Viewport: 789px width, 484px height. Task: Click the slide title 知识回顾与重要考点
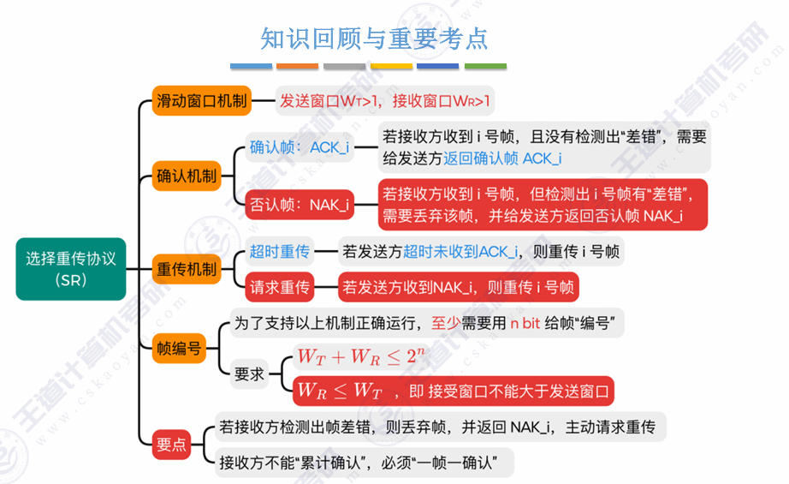374,39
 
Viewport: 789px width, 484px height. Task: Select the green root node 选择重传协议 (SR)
70,268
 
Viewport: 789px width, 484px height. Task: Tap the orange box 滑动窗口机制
201,101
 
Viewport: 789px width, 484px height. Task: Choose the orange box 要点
171,444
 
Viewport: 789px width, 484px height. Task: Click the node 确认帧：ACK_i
299,147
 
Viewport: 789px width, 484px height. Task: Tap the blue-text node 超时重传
279,252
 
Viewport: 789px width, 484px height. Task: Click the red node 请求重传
279,287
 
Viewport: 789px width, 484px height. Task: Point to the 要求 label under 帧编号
249,373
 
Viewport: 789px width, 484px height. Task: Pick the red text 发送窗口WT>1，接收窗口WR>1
385,101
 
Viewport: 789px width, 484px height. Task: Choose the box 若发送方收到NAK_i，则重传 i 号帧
458,287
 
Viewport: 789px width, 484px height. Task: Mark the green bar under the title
485,66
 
